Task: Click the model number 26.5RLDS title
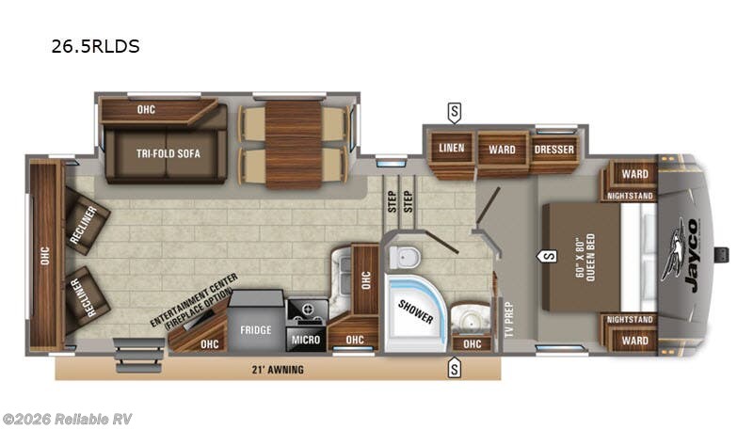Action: pos(96,46)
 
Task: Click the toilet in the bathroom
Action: pos(407,255)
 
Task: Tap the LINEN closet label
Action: pos(452,148)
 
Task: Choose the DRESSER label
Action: pos(554,149)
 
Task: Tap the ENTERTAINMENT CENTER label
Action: pos(194,302)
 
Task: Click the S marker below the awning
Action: pos(455,370)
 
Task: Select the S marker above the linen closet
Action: pos(455,112)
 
